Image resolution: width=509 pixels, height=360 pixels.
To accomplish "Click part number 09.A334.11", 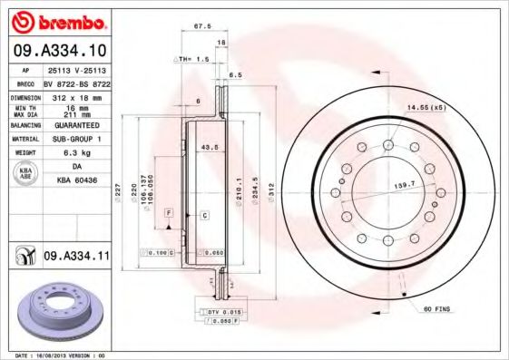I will pyautogui.click(x=76, y=257).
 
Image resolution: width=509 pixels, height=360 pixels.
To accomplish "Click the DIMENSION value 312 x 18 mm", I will pyautogui.click(x=75, y=95).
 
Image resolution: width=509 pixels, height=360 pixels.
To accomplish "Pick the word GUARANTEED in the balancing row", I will pyautogui.click(x=76, y=125).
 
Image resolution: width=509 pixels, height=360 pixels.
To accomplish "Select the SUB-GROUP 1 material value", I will pyautogui.click(x=76, y=139).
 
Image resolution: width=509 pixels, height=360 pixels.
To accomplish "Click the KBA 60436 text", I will pyautogui.click(x=76, y=181).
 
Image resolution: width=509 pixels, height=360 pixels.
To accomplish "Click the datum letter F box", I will pyautogui.click(x=168, y=212).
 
